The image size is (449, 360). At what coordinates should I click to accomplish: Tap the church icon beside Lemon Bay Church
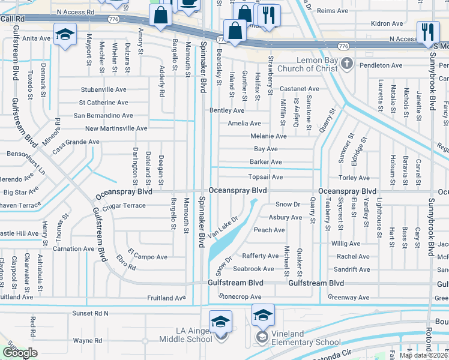pos(346,64)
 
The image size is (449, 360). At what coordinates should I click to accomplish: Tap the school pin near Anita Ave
pos(64,35)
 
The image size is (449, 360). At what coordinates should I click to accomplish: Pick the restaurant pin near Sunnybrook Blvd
pos(427,32)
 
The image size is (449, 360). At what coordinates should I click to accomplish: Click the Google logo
pos(20,353)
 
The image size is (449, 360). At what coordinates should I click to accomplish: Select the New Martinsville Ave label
pos(116,128)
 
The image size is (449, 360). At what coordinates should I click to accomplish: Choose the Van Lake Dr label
pos(223,227)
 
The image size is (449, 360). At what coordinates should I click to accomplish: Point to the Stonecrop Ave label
pos(240,296)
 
